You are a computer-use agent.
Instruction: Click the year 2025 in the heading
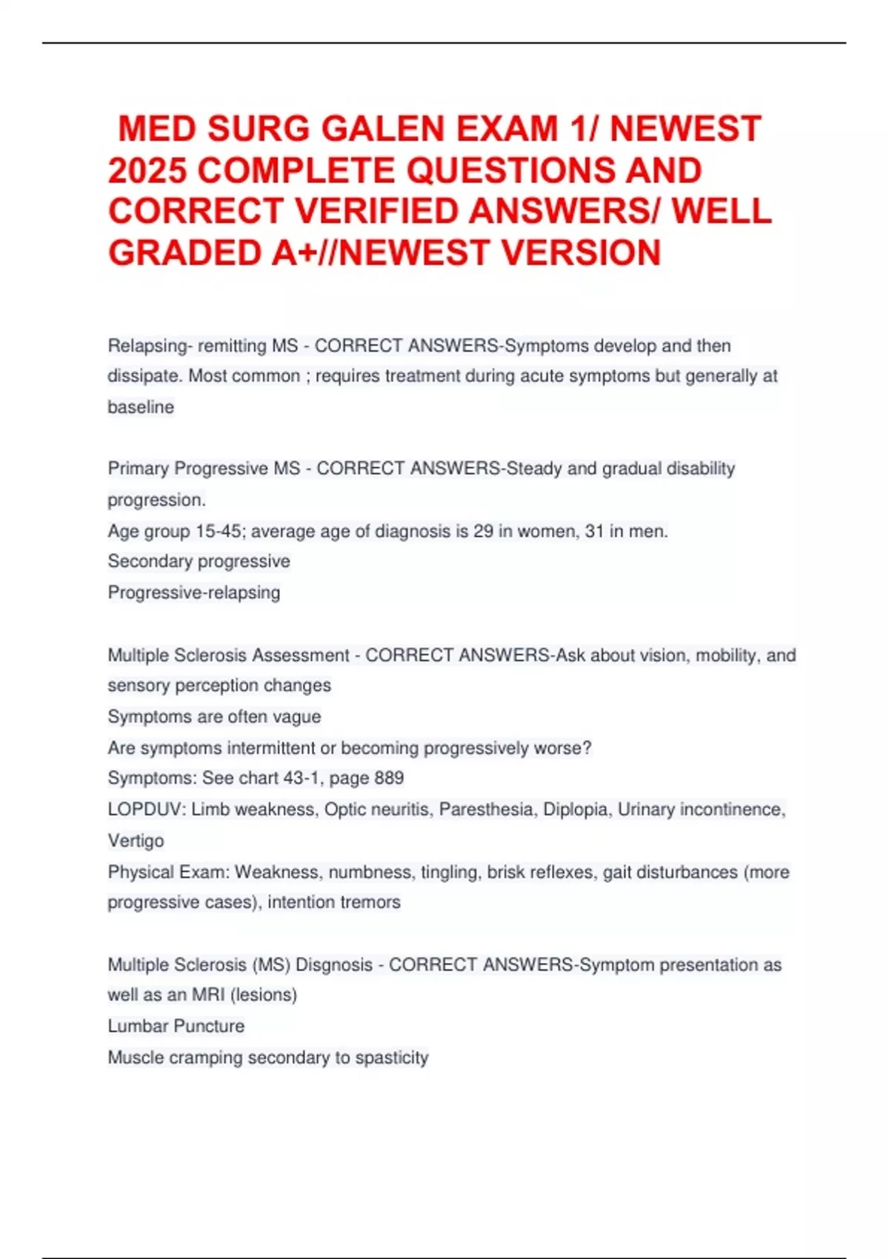pyautogui.click(x=147, y=170)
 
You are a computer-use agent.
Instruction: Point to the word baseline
pyautogui.click(x=141, y=407)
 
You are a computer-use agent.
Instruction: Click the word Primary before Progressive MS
pyautogui.click(x=138, y=469)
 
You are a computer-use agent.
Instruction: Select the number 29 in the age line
pyautogui.click(x=483, y=531)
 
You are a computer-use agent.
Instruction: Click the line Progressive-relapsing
pyautogui.click(x=194, y=592)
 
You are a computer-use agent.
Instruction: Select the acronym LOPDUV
pyautogui.click(x=144, y=809)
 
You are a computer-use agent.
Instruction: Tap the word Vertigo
pyautogui.click(x=136, y=841)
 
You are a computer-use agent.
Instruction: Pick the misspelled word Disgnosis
pyautogui.click(x=334, y=965)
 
